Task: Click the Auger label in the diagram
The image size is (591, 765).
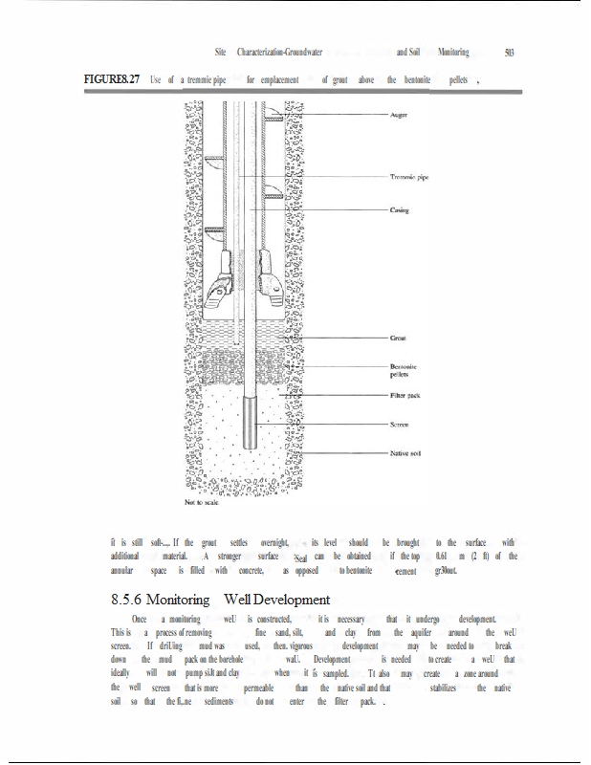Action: (401, 115)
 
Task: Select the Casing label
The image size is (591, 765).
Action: (400, 209)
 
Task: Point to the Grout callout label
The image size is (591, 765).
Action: (399, 338)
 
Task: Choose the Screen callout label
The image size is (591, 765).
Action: (401, 424)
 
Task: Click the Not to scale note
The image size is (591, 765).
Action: (204, 501)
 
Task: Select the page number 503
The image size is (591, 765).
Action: (509, 53)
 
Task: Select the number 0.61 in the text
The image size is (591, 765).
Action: (442, 556)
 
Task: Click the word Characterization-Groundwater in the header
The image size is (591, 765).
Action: (279, 53)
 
